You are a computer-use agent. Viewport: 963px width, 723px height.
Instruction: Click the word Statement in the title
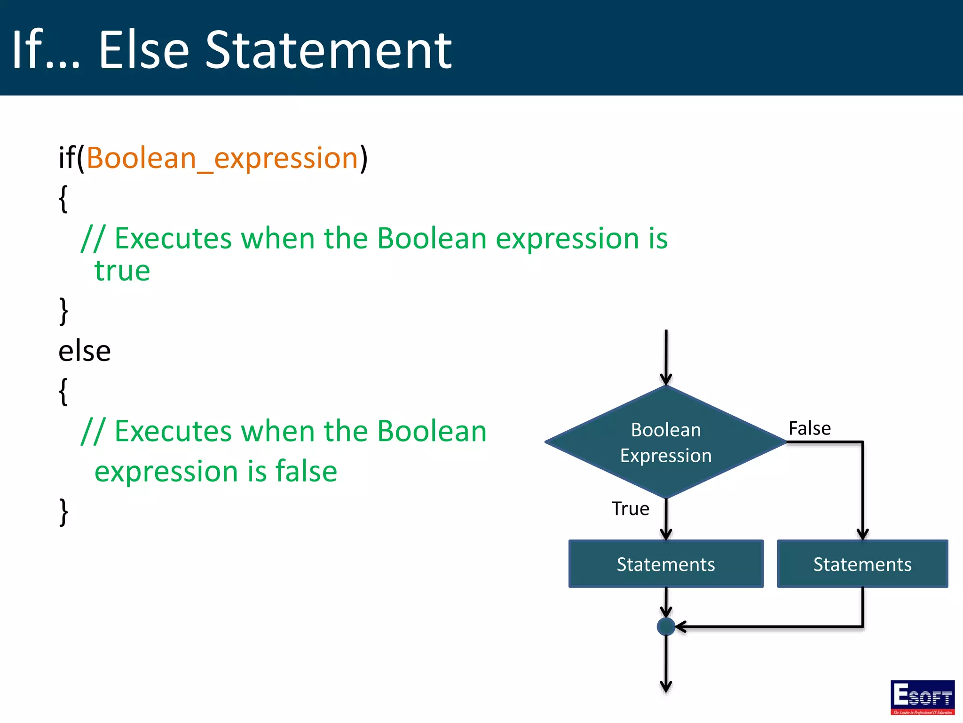[x=328, y=50]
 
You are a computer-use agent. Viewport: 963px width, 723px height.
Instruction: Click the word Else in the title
[x=143, y=50]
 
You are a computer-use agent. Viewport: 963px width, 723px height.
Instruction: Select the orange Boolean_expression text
[x=222, y=158]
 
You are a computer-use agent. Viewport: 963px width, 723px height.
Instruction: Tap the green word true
[x=122, y=271]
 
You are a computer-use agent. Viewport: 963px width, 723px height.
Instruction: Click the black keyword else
[x=85, y=351]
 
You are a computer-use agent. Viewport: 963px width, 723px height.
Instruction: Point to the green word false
[x=306, y=471]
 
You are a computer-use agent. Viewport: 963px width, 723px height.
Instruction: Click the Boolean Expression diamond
[x=666, y=442]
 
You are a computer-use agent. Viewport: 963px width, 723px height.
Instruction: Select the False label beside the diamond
[x=809, y=428]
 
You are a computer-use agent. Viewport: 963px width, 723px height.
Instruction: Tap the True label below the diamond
[x=630, y=509]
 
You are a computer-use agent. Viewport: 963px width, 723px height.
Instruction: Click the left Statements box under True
[x=666, y=564]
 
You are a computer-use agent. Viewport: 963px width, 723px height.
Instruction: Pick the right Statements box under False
[x=862, y=564]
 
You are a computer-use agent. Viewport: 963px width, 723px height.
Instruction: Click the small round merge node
[x=666, y=627]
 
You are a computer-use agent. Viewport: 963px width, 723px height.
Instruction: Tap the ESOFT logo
[x=922, y=697]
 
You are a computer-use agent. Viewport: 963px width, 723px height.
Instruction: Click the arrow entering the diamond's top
[x=666, y=358]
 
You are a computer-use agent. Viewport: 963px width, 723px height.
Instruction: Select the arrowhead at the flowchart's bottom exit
[x=666, y=687]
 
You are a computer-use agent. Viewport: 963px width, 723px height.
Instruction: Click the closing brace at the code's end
[x=63, y=512]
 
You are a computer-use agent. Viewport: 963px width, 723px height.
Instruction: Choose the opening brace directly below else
[x=63, y=391]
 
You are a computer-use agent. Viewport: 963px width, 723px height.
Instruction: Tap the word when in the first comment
[x=277, y=238]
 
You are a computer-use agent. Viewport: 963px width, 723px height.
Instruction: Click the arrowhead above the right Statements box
[x=862, y=534]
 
